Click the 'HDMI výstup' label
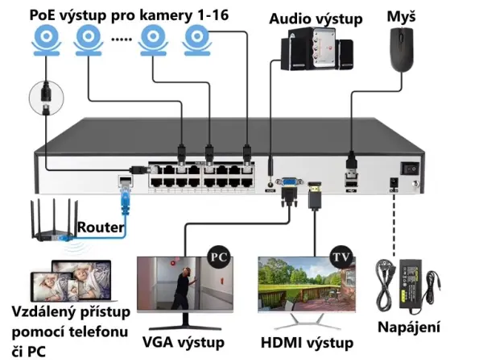tap(307, 343)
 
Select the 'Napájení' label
tap(409, 327)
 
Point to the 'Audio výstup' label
tap(316, 18)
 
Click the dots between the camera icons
tap(121, 39)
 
